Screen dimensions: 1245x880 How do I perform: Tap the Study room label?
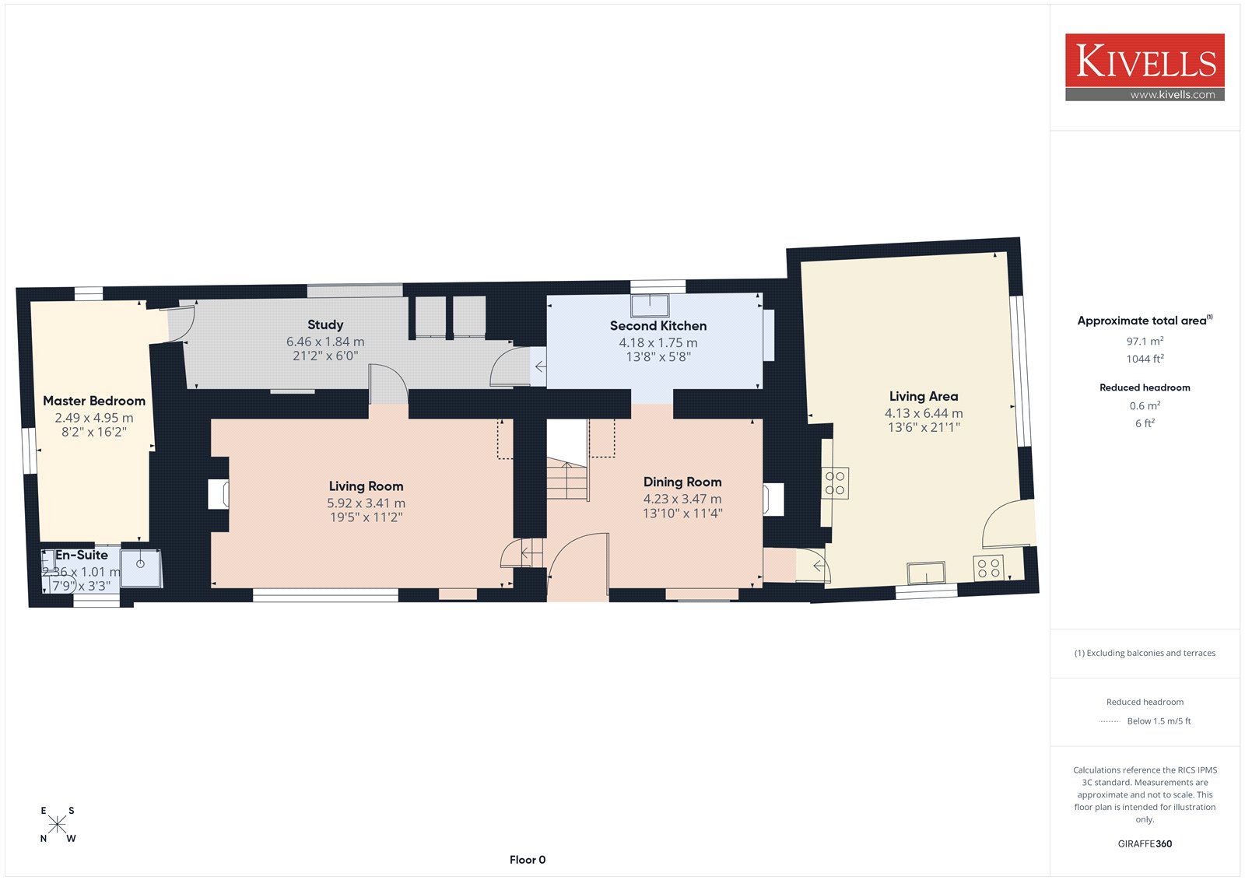click(x=325, y=324)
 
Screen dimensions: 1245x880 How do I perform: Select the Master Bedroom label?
click(x=94, y=401)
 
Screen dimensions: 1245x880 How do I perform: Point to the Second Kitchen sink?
click(x=650, y=305)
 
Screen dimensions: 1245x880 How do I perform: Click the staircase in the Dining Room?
click(x=567, y=479)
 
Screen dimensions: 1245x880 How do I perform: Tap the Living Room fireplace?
click(x=218, y=493)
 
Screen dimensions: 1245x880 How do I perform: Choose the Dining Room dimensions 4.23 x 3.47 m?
click(x=682, y=499)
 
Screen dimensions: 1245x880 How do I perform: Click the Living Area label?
click(x=923, y=396)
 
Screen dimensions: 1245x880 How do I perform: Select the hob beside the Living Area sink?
click(x=988, y=568)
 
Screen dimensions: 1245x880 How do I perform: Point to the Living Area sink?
click(x=926, y=573)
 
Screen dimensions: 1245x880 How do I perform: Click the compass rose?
click(x=58, y=824)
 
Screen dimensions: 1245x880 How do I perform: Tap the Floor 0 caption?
click(x=528, y=860)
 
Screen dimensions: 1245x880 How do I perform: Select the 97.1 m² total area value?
click(x=1145, y=342)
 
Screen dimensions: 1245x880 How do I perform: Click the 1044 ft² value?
click(x=1145, y=359)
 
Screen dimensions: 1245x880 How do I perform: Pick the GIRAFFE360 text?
click(x=1145, y=843)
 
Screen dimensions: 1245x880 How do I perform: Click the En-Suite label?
click(x=81, y=555)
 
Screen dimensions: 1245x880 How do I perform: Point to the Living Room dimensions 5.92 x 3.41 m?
click(x=366, y=503)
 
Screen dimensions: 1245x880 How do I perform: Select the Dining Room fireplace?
click(x=773, y=500)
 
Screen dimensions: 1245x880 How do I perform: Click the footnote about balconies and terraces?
click(x=1145, y=653)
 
